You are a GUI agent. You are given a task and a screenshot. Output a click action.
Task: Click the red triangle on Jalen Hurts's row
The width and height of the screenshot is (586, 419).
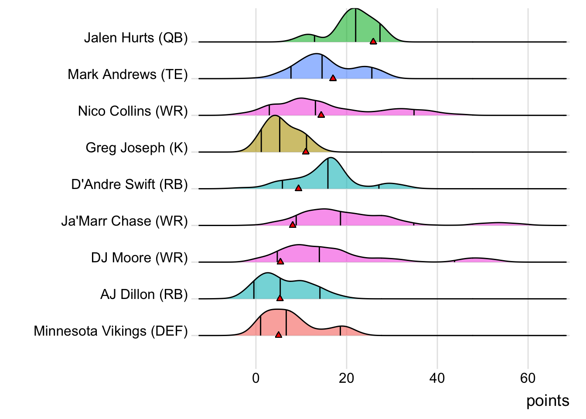tap(373, 41)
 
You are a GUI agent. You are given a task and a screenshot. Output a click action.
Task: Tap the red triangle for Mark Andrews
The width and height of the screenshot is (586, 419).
tap(333, 78)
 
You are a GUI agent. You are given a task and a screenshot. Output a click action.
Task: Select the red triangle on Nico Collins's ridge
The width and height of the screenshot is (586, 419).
tap(321, 115)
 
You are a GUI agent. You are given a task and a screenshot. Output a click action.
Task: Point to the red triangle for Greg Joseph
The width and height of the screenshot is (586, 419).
tap(306, 151)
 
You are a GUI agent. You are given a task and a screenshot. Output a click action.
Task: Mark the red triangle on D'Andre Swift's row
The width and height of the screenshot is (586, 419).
tap(298, 188)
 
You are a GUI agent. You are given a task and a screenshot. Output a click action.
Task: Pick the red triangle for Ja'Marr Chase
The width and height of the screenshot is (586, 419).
tap(293, 224)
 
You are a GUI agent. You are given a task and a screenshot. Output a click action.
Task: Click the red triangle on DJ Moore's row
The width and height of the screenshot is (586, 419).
tap(280, 261)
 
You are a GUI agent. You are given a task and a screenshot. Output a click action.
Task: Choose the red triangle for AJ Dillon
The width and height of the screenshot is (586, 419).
tap(280, 298)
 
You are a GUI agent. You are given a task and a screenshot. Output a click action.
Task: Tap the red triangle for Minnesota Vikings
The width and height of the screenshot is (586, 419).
tap(279, 335)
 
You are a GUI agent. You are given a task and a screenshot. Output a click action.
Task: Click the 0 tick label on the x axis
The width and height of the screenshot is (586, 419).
tap(256, 378)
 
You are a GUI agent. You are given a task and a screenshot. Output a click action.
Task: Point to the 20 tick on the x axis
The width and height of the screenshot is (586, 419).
tap(347, 378)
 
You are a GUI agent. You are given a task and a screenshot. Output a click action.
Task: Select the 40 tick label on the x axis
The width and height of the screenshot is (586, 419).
tap(437, 378)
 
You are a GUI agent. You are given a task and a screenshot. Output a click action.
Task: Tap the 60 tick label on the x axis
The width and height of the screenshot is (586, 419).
tap(528, 378)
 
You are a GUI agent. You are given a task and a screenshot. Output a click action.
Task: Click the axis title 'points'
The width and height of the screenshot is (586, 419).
tap(548, 401)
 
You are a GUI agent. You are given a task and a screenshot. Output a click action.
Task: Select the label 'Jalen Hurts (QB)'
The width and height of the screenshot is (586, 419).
tap(136, 38)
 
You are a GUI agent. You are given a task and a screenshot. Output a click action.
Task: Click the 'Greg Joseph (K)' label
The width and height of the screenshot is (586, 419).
tap(136, 148)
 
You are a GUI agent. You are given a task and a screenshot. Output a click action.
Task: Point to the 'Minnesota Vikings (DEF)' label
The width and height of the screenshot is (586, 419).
tap(111, 331)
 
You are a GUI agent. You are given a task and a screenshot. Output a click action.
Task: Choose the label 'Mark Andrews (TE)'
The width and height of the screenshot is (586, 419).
tap(127, 75)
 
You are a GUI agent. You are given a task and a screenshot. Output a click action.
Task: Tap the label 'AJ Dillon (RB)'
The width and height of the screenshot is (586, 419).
tap(144, 295)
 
